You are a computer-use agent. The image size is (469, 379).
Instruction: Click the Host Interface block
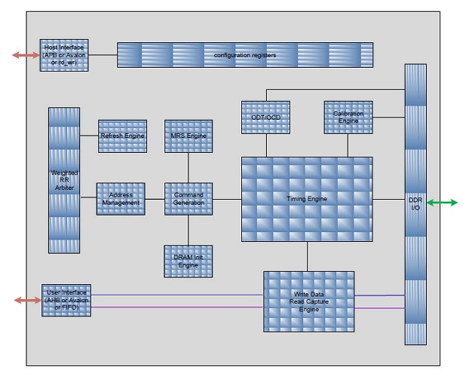(66, 56)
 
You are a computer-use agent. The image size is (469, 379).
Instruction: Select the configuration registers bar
(245, 56)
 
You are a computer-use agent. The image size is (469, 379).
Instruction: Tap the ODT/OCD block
(265, 117)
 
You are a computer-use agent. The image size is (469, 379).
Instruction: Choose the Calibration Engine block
(348, 117)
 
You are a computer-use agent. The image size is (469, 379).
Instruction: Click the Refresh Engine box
(121, 136)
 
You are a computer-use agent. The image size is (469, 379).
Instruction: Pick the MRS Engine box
(189, 136)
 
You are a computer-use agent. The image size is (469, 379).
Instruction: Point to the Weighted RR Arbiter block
(65, 182)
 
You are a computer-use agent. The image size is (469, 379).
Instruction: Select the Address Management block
(121, 199)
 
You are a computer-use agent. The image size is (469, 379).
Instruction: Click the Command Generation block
(189, 199)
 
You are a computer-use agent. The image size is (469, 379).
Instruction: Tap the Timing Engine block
(307, 199)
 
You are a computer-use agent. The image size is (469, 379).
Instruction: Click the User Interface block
(66, 300)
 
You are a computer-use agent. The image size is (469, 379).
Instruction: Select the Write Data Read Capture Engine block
(308, 301)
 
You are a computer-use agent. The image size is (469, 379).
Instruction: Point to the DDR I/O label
(415, 203)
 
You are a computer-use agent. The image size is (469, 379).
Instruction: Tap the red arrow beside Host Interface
(26, 54)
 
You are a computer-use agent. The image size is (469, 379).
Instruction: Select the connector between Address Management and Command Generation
(155, 199)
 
